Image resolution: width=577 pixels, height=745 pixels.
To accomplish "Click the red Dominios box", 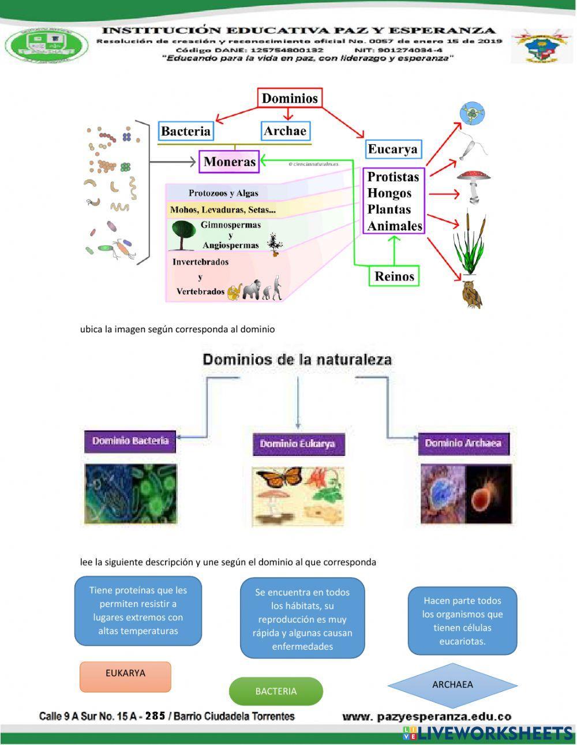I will (x=290, y=99).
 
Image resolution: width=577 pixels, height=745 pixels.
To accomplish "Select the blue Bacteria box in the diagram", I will (x=186, y=131).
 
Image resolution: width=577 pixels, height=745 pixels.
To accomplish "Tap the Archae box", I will (x=285, y=131).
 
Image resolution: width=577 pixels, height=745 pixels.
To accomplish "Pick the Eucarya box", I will (x=392, y=149).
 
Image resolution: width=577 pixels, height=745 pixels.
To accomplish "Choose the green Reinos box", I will (x=394, y=276).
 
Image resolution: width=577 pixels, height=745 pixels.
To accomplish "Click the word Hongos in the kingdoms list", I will (x=389, y=193).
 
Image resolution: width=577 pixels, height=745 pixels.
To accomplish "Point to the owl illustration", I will (x=471, y=294).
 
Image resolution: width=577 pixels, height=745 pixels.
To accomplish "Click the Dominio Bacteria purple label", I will (x=130, y=441).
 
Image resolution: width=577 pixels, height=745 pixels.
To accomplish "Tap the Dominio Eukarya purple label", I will (x=298, y=444).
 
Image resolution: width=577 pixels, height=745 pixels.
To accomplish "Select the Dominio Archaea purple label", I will (x=463, y=443).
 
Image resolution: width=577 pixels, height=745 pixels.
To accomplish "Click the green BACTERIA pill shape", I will (x=276, y=691).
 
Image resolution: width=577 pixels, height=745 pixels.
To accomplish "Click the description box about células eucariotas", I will (x=462, y=621).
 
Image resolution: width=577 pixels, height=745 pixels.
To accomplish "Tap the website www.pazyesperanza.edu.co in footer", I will (x=426, y=717).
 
